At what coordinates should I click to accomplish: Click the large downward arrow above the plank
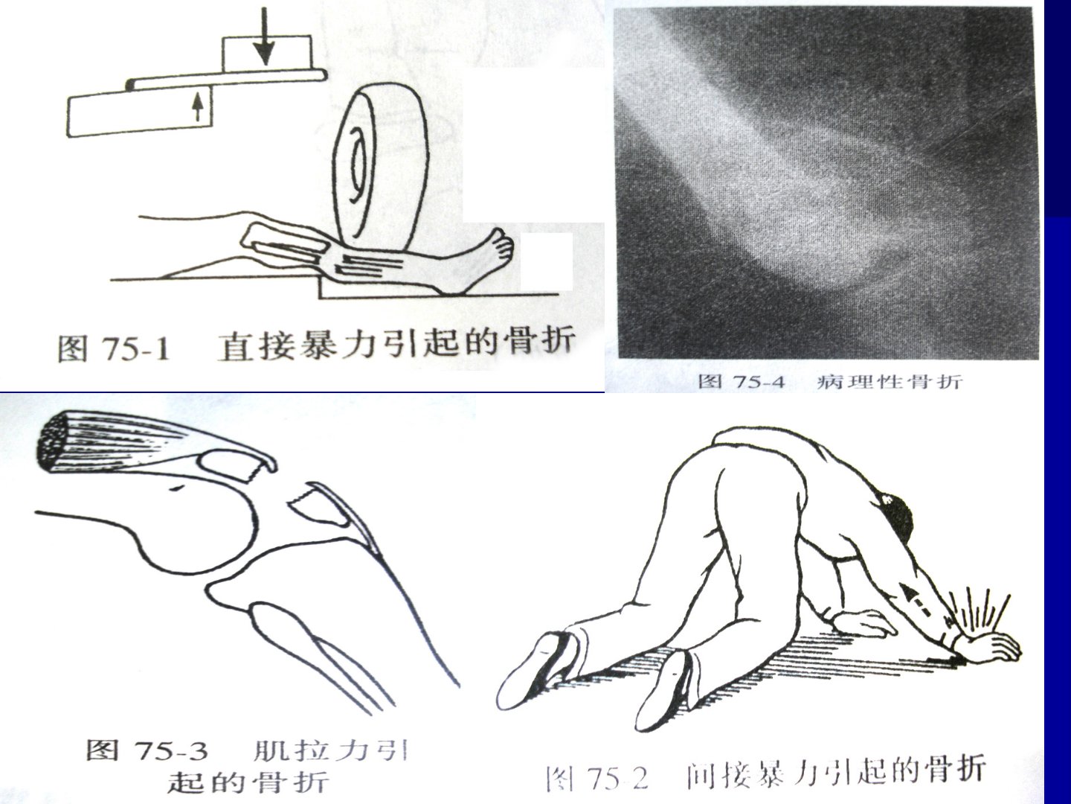(x=264, y=36)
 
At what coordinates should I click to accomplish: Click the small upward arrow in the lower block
(x=197, y=107)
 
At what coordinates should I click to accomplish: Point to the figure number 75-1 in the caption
(x=137, y=348)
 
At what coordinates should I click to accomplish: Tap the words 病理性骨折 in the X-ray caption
(x=890, y=381)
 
